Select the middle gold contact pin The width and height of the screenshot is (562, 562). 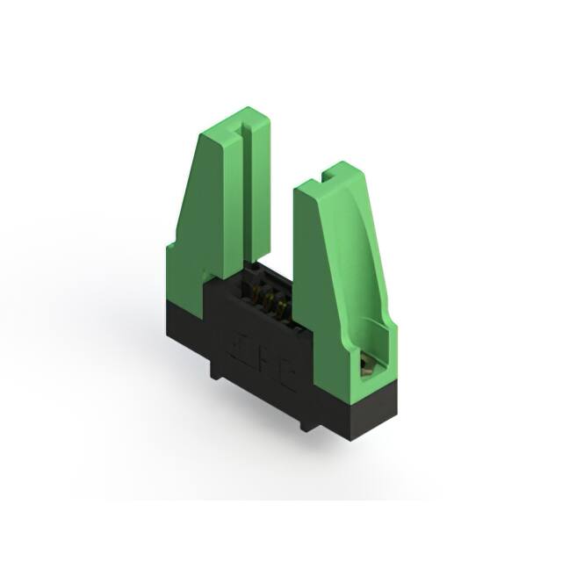(268, 305)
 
